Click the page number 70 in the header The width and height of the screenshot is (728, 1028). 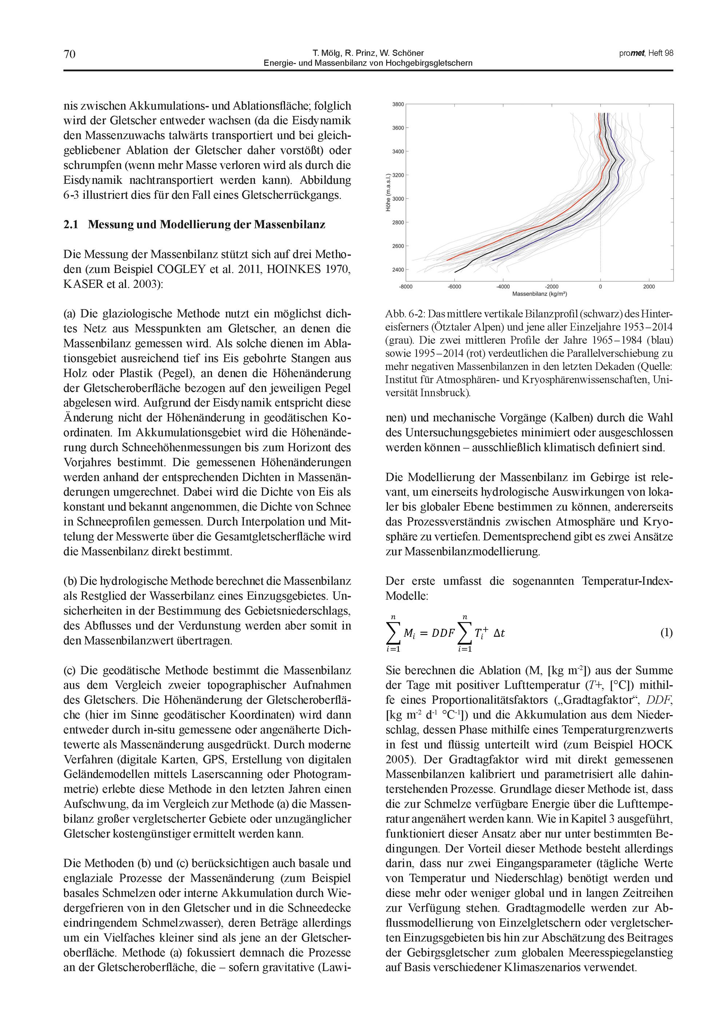[x=70, y=54]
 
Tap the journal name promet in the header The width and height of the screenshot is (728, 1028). [x=632, y=53]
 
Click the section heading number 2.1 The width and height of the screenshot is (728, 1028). [x=71, y=225]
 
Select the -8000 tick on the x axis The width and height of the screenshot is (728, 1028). [x=406, y=287]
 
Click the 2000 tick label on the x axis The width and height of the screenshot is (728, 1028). [x=649, y=287]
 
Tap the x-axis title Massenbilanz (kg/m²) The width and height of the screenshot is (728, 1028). [x=539, y=294]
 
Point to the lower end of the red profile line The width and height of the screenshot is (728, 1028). [x=447, y=260]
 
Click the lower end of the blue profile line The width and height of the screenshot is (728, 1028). [x=493, y=260]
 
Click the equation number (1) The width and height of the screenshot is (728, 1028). [x=666, y=633]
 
